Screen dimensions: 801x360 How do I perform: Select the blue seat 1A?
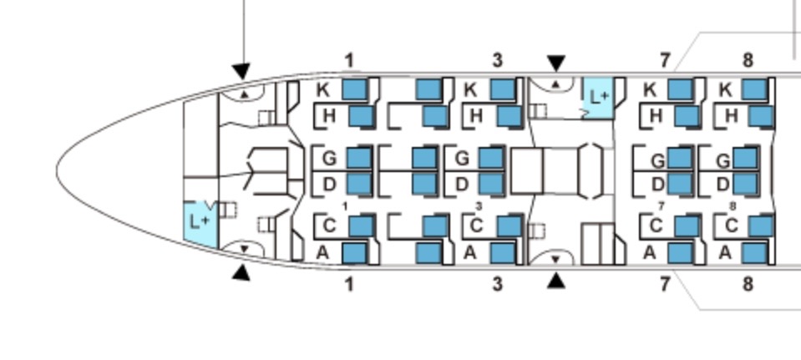pos(354,252)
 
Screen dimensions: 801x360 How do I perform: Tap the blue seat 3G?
pos(490,157)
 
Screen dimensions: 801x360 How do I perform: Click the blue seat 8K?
pos(754,89)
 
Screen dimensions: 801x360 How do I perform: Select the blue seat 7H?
pos(687,115)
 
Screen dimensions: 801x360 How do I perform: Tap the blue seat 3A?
pos(502,252)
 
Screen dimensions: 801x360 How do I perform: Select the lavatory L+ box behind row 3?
pos(598,97)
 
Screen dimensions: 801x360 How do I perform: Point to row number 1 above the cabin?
pos(349,60)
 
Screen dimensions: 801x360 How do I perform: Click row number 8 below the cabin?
pos(748,284)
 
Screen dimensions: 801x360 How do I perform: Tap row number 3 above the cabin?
pos(498,60)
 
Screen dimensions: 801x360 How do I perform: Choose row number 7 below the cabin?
pos(665,284)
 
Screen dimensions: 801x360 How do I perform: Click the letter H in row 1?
pos(329,115)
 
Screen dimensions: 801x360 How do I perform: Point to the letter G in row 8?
pos(723,159)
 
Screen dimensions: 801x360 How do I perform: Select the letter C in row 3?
pos(477,225)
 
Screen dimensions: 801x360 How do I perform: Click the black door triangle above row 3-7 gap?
pos(555,63)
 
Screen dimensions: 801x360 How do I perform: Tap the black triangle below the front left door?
pos(241,272)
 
